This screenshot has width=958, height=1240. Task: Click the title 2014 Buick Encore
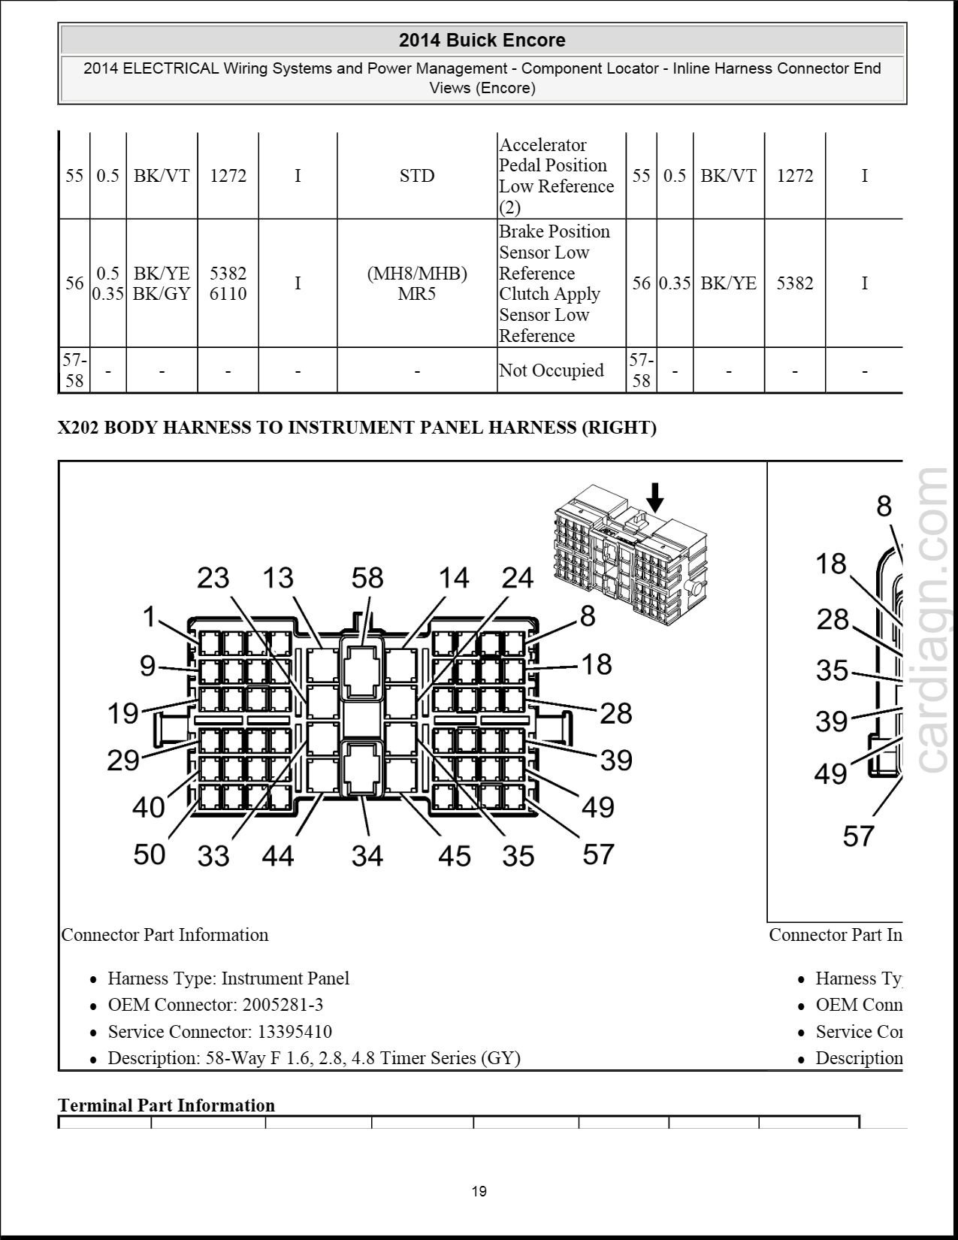pyautogui.click(x=482, y=41)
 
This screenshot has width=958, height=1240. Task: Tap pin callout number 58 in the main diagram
pyautogui.click(x=367, y=578)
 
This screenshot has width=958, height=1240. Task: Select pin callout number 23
pyautogui.click(x=213, y=578)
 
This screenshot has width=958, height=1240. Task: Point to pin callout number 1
pyautogui.click(x=150, y=617)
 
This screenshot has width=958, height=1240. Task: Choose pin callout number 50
pyautogui.click(x=149, y=854)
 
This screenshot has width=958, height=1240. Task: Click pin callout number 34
pyautogui.click(x=367, y=856)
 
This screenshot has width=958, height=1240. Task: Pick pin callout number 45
pyautogui.click(x=454, y=856)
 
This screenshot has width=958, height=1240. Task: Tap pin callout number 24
pyautogui.click(x=517, y=578)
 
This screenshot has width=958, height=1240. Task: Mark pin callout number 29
pyautogui.click(x=123, y=761)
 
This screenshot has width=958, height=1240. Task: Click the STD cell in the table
pyautogui.click(x=416, y=176)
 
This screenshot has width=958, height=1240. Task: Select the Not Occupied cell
pyautogui.click(x=551, y=370)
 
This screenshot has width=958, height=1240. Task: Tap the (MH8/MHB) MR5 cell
pyautogui.click(x=416, y=283)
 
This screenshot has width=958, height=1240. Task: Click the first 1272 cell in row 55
pyautogui.click(x=228, y=176)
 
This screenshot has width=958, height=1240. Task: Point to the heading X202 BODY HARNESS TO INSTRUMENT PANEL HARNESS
pyautogui.click(x=357, y=428)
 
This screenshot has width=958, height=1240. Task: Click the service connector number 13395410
pyautogui.click(x=295, y=1032)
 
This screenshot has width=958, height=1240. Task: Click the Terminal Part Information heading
pyautogui.click(x=166, y=1105)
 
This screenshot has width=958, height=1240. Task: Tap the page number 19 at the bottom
pyautogui.click(x=479, y=1190)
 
